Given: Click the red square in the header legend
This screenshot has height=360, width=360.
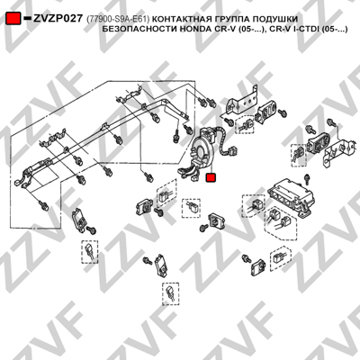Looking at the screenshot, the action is coord(13,18).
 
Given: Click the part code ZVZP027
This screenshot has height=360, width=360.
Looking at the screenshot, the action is coord(58,19).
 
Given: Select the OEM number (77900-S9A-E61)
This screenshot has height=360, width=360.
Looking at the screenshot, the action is coord(118,19).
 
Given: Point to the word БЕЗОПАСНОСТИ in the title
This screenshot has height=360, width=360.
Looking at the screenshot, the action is coord(139,30).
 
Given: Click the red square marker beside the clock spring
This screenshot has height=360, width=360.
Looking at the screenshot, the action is coord(211,177).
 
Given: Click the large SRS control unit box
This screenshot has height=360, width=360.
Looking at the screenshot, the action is coord(291,195).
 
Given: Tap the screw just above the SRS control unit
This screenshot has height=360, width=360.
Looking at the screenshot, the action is coord(307,179).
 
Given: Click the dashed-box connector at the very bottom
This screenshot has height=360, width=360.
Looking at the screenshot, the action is coord(170,293).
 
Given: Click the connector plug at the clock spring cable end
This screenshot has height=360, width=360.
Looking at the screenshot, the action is coord(230,150).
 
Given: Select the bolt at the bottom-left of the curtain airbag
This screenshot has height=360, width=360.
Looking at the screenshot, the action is coord(43,205).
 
